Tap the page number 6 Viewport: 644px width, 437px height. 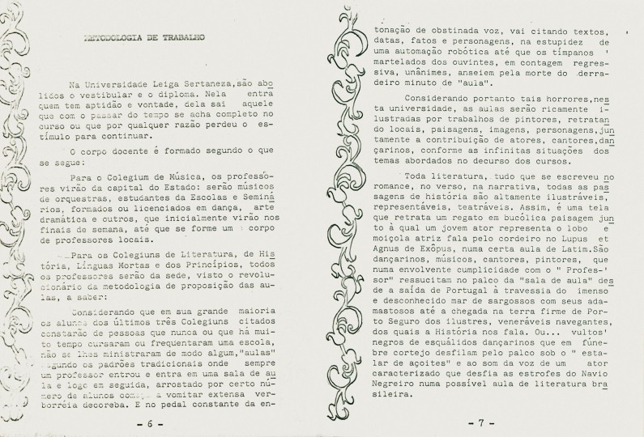pyautogui.click(x=149, y=422)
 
